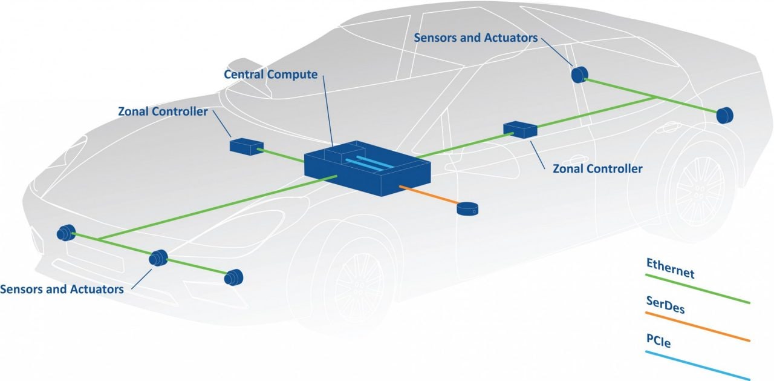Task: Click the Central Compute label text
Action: [x=270, y=75]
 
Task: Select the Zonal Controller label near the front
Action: [x=163, y=111]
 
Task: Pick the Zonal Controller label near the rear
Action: [x=597, y=168]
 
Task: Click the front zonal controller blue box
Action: [x=246, y=145]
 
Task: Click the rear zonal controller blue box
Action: [x=520, y=129]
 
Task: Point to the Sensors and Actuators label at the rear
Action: [x=475, y=38]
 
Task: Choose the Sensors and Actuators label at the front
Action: [x=62, y=288]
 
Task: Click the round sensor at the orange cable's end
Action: [x=467, y=210]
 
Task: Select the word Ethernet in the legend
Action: [x=670, y=268]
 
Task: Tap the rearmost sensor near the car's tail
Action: [x=724, y=114]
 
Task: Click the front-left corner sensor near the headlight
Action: [x=65, y=233]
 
